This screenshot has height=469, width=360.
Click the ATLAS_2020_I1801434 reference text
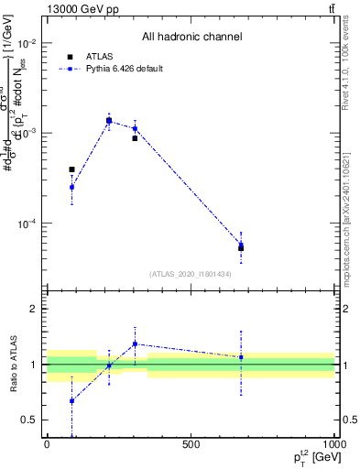(191, 274)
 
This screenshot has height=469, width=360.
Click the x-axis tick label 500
(191, 444)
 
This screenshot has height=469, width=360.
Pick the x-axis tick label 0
(47, 444)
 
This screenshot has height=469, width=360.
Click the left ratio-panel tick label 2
(33, 309)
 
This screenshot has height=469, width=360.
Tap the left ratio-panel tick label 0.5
(29, 420)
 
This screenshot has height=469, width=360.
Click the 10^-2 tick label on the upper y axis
(27, 43)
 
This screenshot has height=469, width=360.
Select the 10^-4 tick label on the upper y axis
(27, 224)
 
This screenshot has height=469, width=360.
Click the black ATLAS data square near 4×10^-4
(71, 169)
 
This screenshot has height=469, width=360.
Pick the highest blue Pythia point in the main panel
(109, 120)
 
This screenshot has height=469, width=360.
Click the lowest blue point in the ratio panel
(71, 400)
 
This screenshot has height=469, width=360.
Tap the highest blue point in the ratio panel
(135, 344)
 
